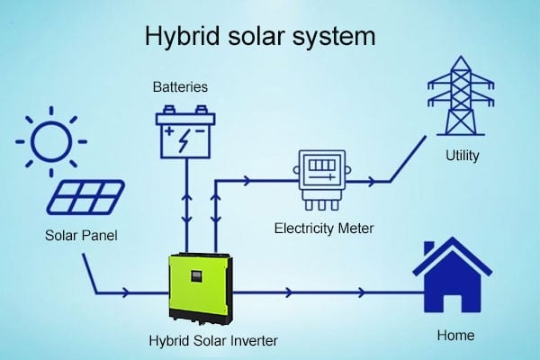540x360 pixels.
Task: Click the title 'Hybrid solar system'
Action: (260, 39)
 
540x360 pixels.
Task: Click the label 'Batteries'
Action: (180, 87)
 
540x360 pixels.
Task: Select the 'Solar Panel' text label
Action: (82, 236)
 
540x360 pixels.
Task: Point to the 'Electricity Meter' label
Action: (323, 228)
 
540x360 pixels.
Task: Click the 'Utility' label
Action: (463, 156)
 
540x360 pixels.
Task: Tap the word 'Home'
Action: (455, 336)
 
